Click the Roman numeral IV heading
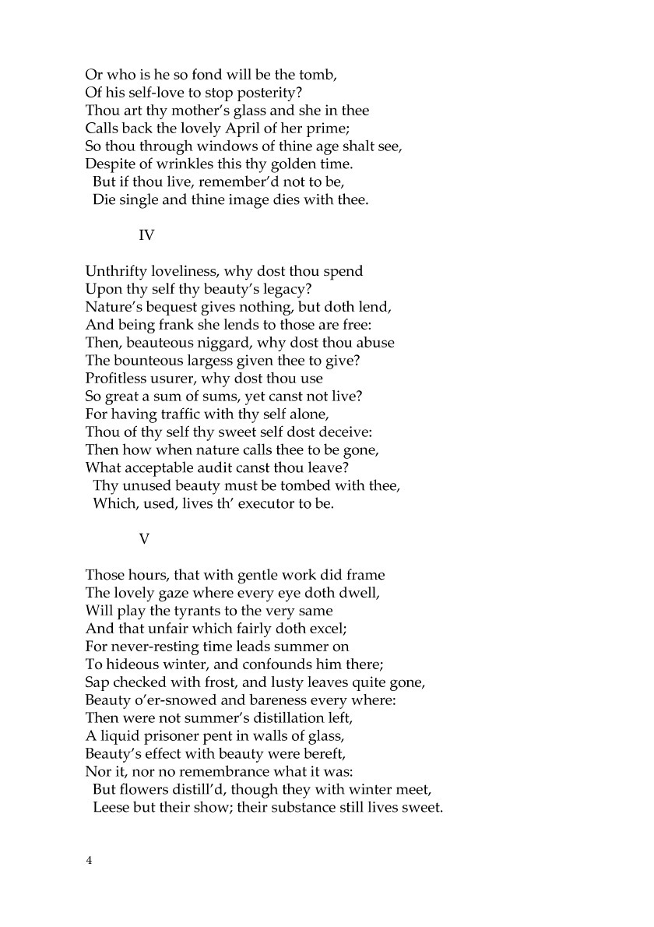pos(146,234)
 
